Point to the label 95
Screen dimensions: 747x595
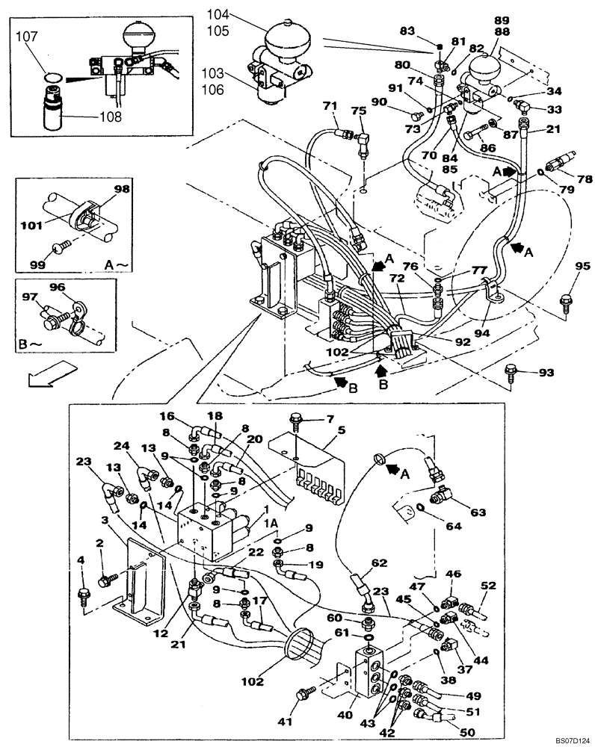tap(582, 267)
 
